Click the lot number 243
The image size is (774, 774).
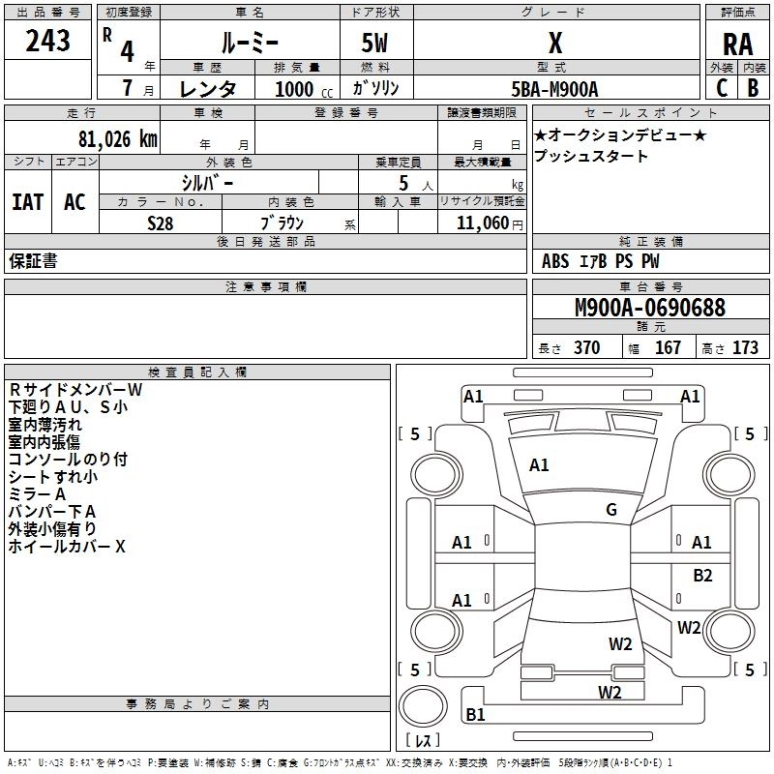coord(47,41)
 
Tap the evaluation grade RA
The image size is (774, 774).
coord(737,45)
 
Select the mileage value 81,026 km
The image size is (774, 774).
coord(118,139)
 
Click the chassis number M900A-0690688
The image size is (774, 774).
coord(650,308)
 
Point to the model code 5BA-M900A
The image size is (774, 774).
coord(554,89)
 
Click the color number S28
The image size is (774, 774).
coord(161,223)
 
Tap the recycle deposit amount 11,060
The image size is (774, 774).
coord(483,223)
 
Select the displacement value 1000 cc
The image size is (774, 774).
coord(304,89)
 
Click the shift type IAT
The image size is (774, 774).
coord(28,202)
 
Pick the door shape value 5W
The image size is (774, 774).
coord(374,43)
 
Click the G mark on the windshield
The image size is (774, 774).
coord(611,509)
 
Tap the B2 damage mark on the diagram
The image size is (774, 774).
coord(702,575)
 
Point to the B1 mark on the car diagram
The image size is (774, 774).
coord(475,714)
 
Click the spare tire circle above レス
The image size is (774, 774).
coord(423,706)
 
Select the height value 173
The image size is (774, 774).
coord(745,347)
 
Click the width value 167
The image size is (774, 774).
coord(668,347)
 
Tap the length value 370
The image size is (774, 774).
coord(587,347)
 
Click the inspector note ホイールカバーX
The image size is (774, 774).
coord(67,547)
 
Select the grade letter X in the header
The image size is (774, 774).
coord(555,44)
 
